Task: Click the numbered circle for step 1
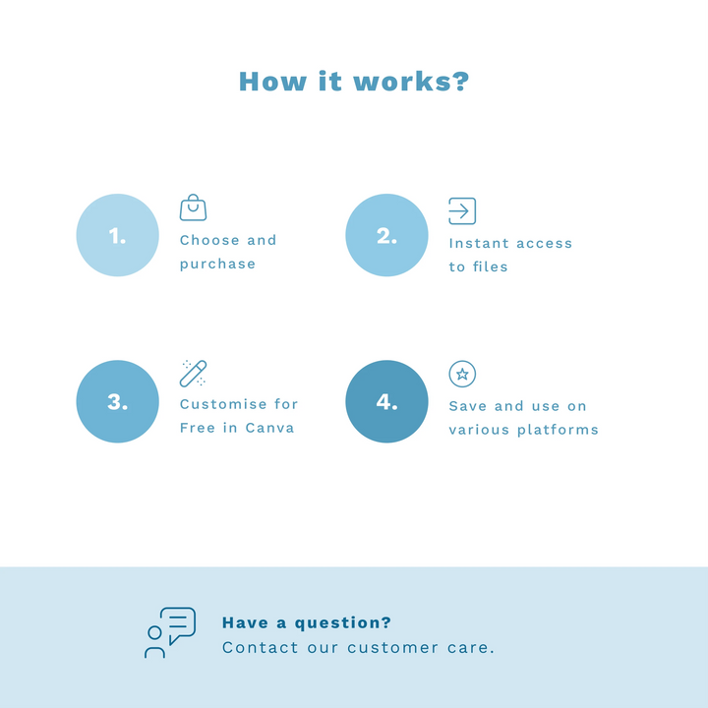pos(117,235)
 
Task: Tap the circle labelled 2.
pos(386,235)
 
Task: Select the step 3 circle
pos(117,401)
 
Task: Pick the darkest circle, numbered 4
pos(386,401)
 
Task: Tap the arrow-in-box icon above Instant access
pos(462,210)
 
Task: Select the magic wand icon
pos(194,374)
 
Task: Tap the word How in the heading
pos(272,82)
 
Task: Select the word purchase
pos(217,265)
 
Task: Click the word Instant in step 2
pos(479,244)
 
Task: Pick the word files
pos(491,266)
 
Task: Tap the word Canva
pos(269,428)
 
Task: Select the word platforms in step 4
pos(558,430)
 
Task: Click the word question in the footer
pos(343,623)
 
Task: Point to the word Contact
pos(260,647)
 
